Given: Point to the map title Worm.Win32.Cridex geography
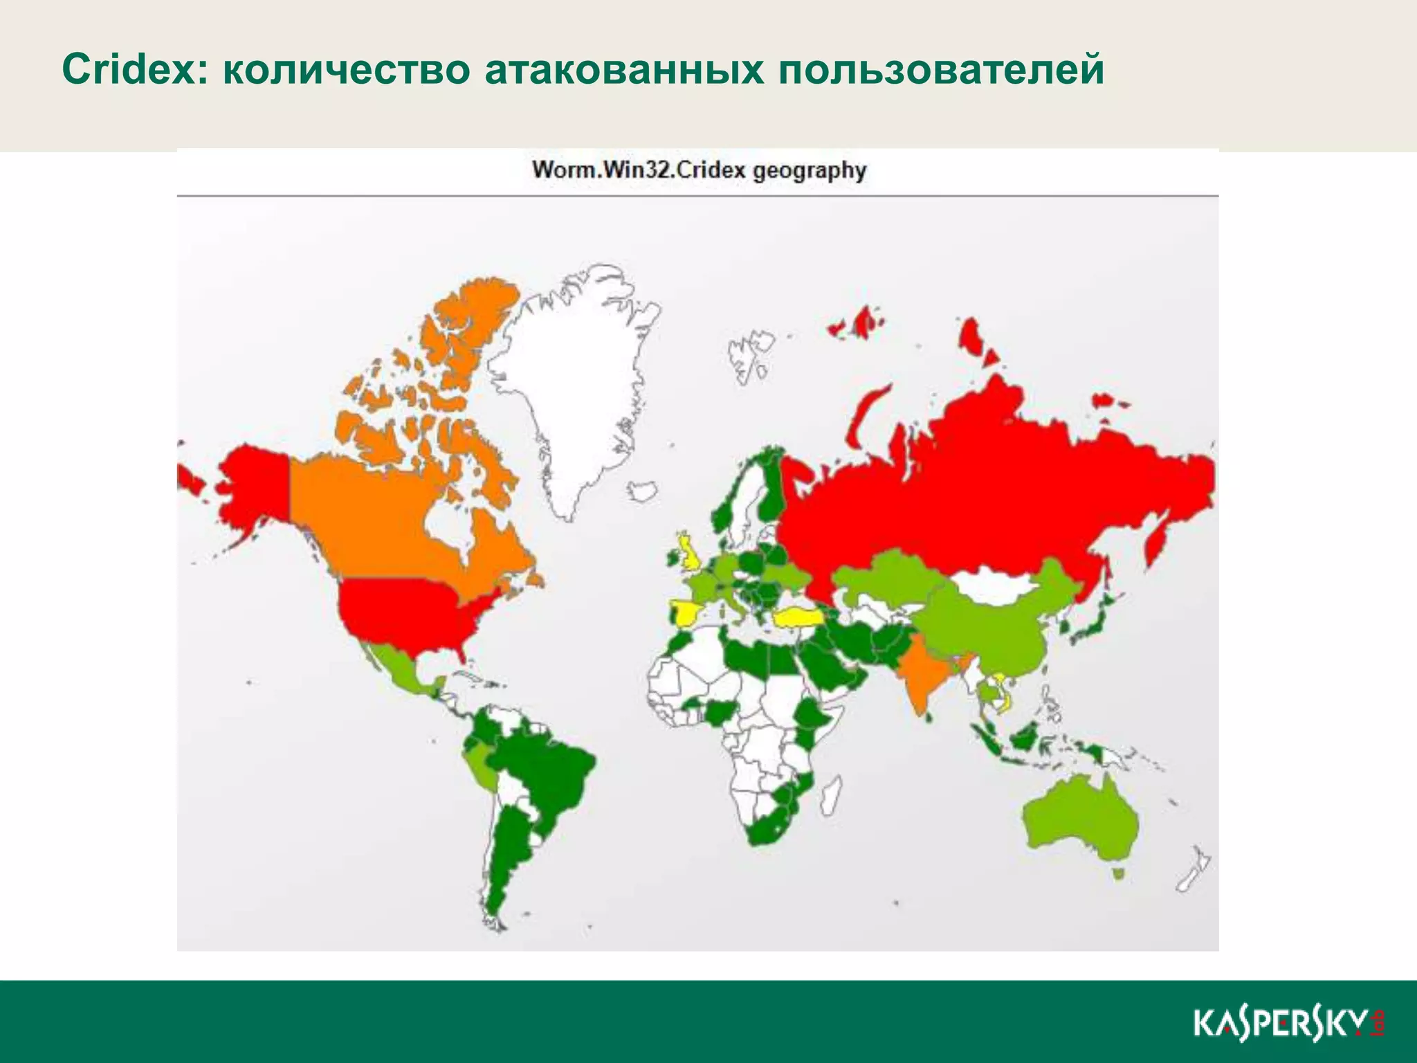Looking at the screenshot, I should coord(698,170).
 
